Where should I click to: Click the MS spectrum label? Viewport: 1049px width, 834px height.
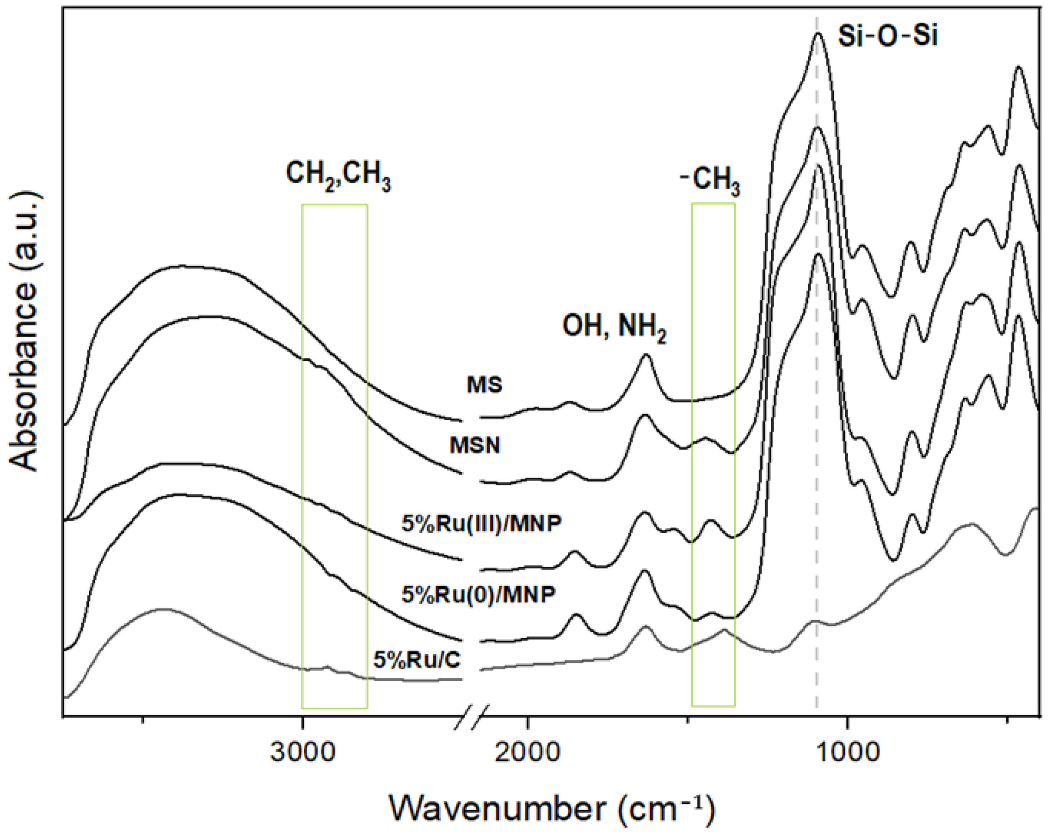tap(485, 384)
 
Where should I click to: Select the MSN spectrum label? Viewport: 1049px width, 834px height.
tap(475, 445)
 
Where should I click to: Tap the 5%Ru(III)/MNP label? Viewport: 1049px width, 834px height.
tap(482, 523)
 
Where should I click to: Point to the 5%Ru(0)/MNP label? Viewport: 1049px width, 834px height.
tap(479, 594)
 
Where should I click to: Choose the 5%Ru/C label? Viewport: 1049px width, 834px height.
tap(417, 660)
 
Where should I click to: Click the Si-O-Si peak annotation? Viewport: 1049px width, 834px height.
tap(887, 37)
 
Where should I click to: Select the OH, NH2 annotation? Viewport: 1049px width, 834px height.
tap(614, 326)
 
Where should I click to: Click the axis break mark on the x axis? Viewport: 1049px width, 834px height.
tap(471, 717)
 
